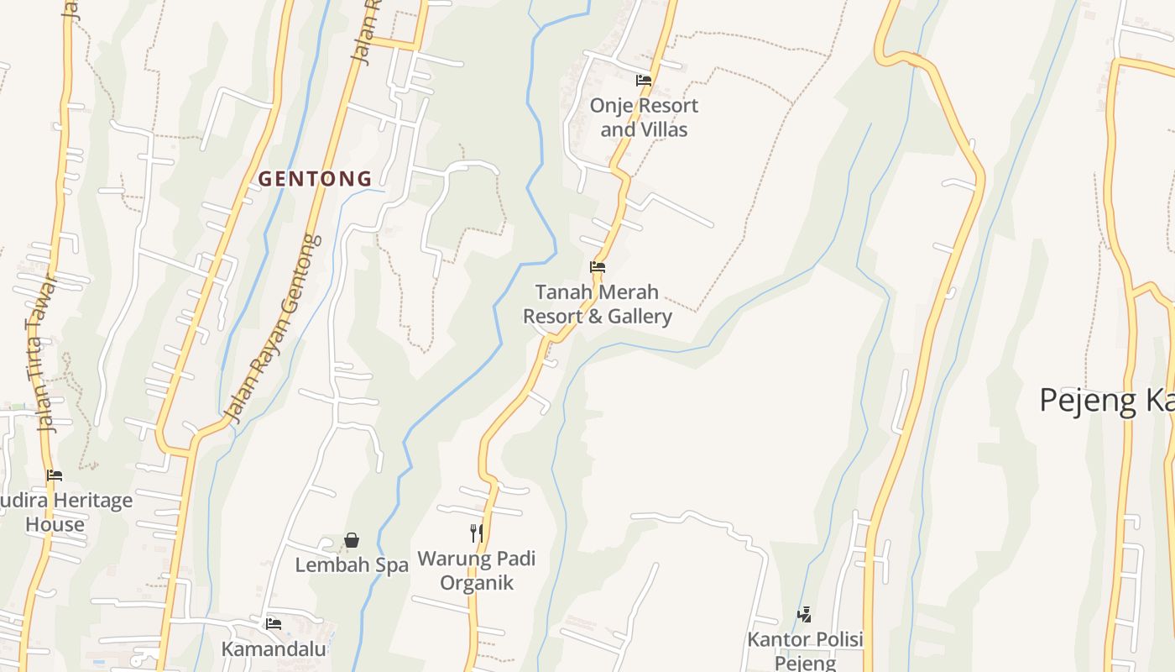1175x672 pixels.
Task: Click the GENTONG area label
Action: point(315,178)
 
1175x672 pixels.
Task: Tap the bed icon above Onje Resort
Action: point(644,81)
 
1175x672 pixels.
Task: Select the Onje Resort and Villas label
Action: point(644,118)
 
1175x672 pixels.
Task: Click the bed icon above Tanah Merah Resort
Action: point(598,267)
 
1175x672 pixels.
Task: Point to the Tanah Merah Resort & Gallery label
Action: point(598,304)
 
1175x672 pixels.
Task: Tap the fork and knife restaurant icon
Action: point(476,533)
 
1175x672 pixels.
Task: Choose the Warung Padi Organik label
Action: point(476,570)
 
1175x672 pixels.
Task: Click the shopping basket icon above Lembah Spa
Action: point(352,540)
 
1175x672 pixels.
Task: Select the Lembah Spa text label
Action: point(352,565)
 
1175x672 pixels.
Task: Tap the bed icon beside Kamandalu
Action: point(274,624)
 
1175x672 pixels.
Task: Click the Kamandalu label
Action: point(274,649)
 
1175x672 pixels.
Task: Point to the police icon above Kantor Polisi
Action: point(804,615)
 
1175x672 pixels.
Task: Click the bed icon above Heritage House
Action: point(55,475)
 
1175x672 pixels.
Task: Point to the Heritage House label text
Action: point(67,512)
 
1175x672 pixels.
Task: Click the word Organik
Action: point(476,583)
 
